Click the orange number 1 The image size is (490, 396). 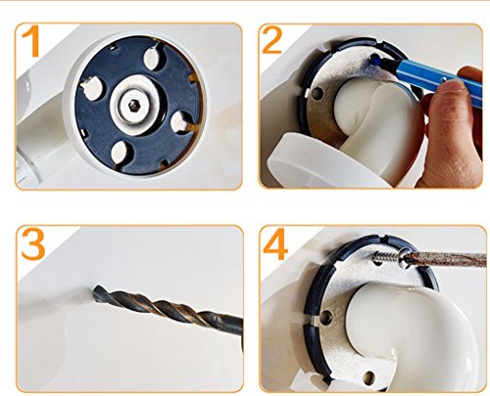(x=31, y=41)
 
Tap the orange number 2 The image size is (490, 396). (x=271, y=40)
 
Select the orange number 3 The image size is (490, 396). (x=33, y=244)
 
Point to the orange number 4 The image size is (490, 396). (x=275, y=244)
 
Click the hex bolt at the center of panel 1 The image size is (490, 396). (x=132, y=105)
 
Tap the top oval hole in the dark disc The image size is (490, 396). (x=152, y=58)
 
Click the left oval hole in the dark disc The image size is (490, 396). (x=91, y=88)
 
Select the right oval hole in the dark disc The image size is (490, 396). (x=179, y=123)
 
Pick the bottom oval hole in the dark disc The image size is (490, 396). (x=119, y=153)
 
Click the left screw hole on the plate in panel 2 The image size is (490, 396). (x=317, y=94)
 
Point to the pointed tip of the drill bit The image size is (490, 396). (x=95, y=289)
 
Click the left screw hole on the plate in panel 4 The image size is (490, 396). (x=326, y=318)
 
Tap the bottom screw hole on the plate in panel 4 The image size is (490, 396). (x=368, y=378)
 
